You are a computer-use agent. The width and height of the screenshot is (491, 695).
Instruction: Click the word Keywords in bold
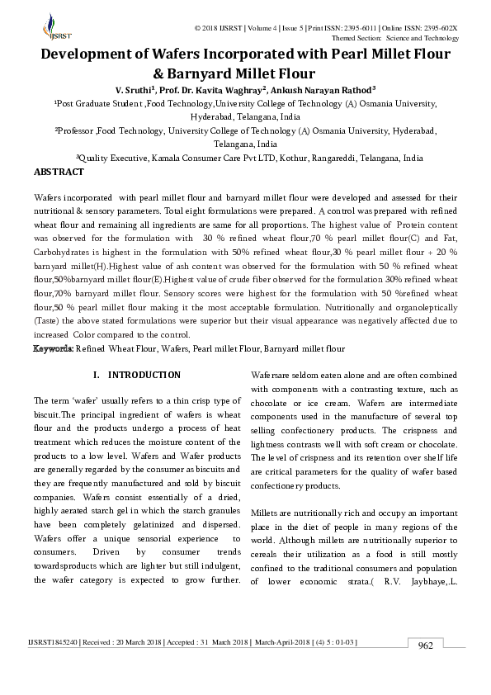(53, 349)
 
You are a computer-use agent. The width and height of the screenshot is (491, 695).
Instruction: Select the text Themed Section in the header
(356, 38)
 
